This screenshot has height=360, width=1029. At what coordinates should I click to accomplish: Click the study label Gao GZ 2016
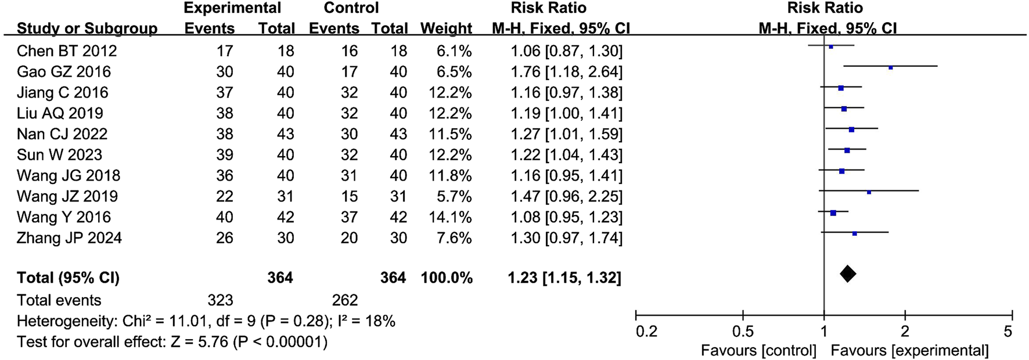point(63,71)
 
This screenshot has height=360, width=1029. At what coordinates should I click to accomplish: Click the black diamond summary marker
point(848,273)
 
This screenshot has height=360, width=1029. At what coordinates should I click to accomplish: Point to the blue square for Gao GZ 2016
point(890,67)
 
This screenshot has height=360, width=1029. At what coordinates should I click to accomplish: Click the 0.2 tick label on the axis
point(646,332)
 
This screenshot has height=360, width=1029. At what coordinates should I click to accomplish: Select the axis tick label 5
point(1008,332)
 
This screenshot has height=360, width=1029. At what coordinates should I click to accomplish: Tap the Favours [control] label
point(758,351)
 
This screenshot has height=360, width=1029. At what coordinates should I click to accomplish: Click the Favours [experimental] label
point(909,351)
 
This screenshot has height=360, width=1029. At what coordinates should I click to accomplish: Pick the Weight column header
point(446,28)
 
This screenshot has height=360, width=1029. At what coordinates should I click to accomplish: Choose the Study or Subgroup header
point(87,28)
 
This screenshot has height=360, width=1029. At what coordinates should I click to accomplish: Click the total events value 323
point(220,300)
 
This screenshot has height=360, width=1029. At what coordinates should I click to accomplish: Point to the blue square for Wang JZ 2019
point(869,192)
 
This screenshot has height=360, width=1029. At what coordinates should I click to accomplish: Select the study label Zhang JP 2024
point(69,238)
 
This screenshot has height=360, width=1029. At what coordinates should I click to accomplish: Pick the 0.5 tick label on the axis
point(743,332)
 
